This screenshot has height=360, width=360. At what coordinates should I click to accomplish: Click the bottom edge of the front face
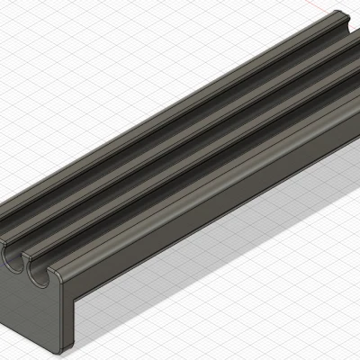click(31, 338)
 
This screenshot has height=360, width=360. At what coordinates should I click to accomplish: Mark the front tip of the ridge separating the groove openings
click(26, 256)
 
